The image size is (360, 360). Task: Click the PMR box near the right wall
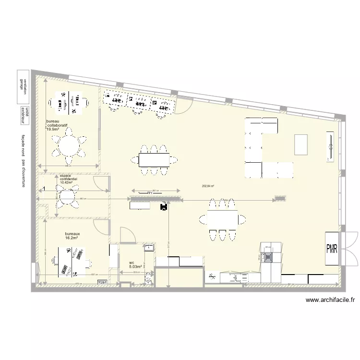[332, 248]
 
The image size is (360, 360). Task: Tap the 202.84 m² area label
[208, 186]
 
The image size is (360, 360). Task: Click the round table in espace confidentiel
[68, 196]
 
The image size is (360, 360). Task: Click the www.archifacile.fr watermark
[330, 300]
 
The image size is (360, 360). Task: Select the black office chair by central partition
[164, 206]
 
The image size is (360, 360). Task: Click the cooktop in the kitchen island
[267, 257]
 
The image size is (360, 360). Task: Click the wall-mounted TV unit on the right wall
[331, 146]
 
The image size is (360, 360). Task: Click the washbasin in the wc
[149, 248]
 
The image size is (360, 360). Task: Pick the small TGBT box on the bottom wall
[102, 282]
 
